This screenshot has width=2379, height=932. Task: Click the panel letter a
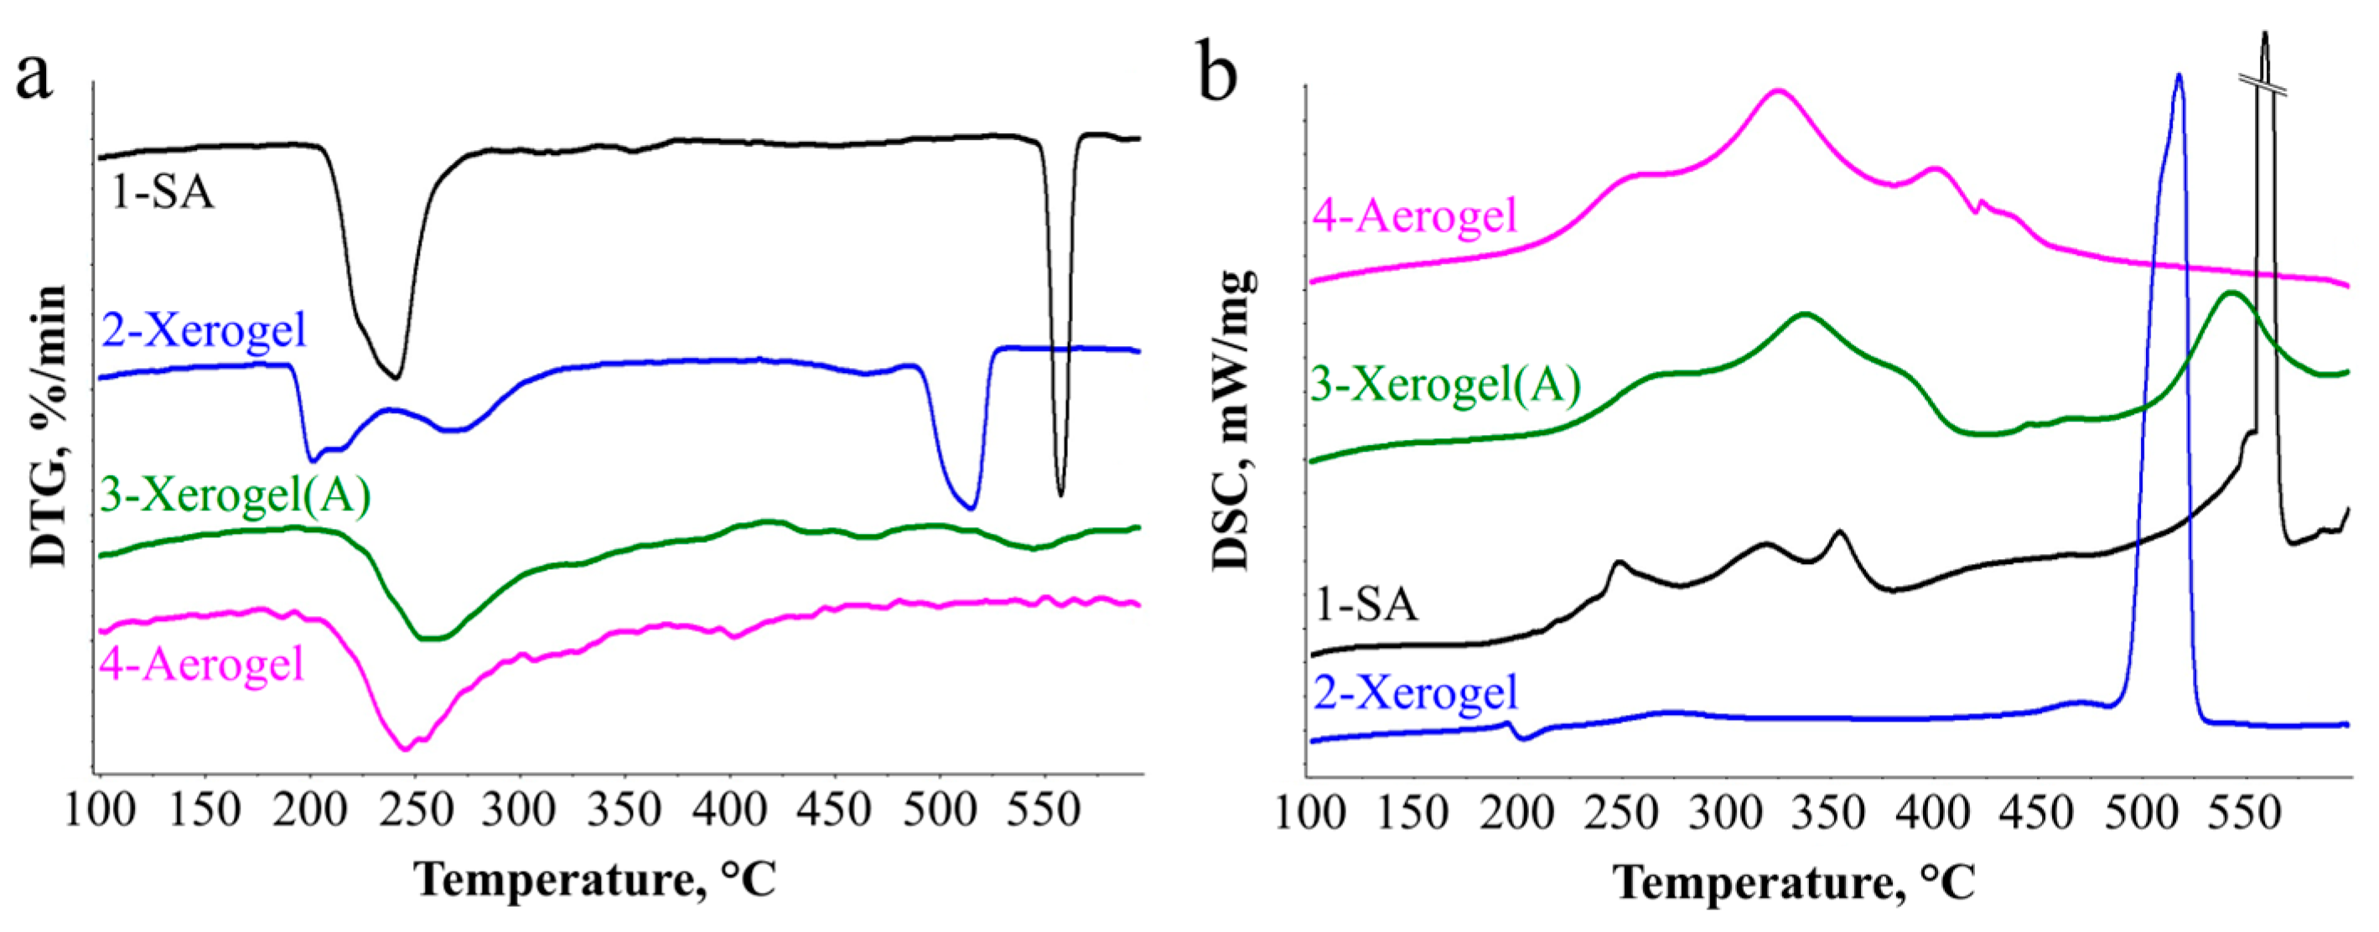click(34, 75)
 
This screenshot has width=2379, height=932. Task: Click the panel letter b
click(1218, 66)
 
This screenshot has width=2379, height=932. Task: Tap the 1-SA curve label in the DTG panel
click(163, 193)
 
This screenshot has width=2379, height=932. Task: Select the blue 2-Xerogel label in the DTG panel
click(203, 329)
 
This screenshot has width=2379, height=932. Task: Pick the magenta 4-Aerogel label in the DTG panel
click(202, 663)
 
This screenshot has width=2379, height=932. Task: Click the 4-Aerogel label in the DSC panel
click(1415, 215)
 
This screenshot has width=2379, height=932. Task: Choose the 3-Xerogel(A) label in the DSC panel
click(1446, 384)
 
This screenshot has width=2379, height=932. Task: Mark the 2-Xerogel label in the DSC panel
click(1416, 691)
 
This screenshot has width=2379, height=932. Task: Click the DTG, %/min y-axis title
click(48, 426)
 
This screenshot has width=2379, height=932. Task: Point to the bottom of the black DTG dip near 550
click(1060, 496)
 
